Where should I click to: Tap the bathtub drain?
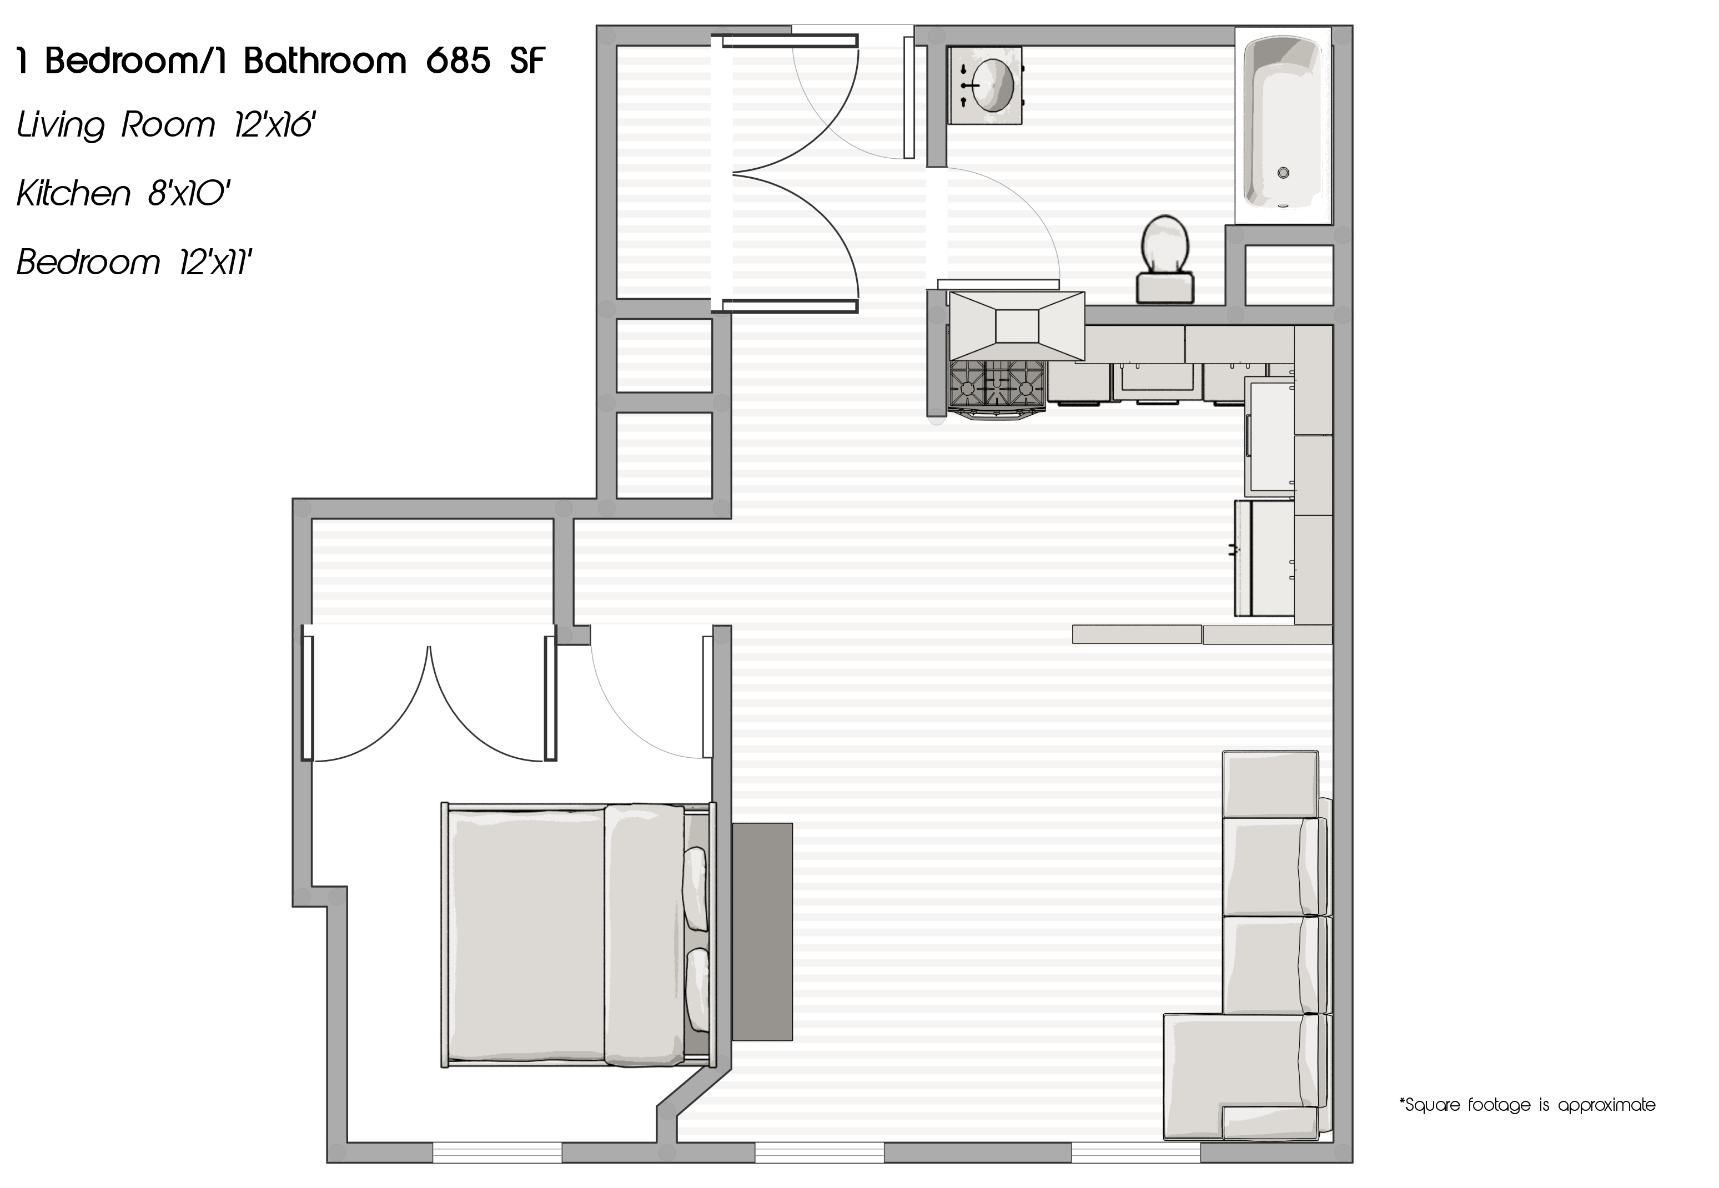pyautogui.click(x=1283, y=173)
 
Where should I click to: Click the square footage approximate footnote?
pyautogui.click(x=1527, y=1105)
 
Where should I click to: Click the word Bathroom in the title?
pyautogui.click(x=325, y=61)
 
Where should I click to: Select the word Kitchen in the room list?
pyautogui.click(x=73, y=194)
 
